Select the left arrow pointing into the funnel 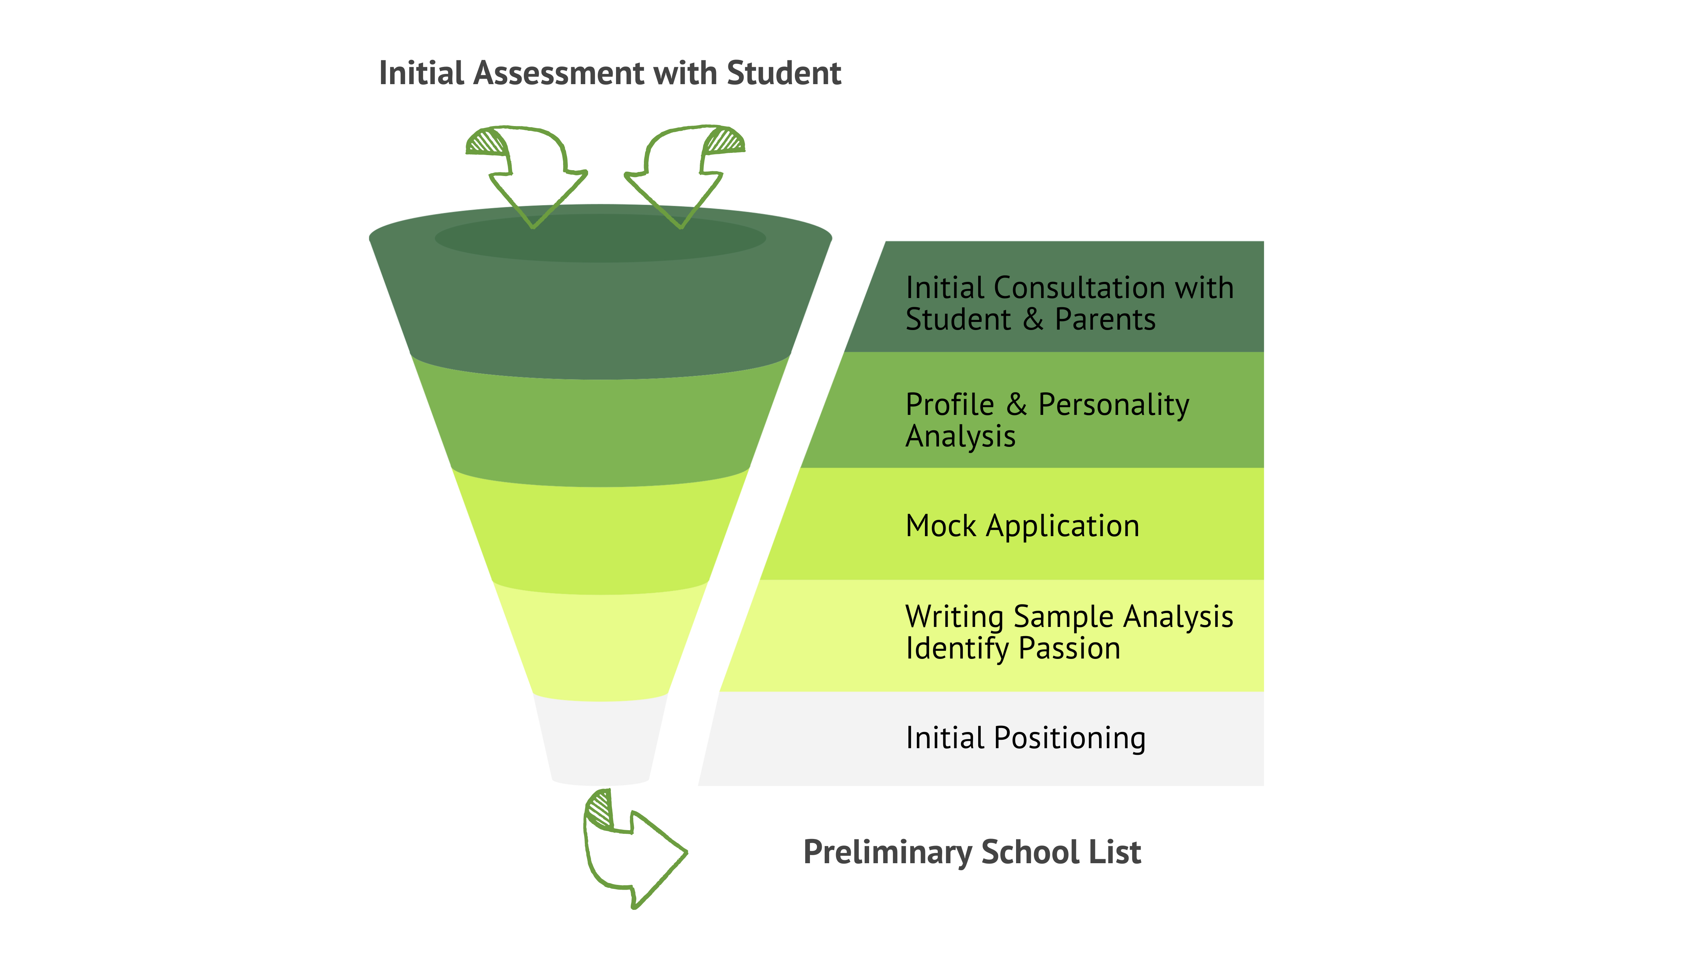click(530, 172)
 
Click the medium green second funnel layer click(599, 431)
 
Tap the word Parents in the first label click(1105, 319)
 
